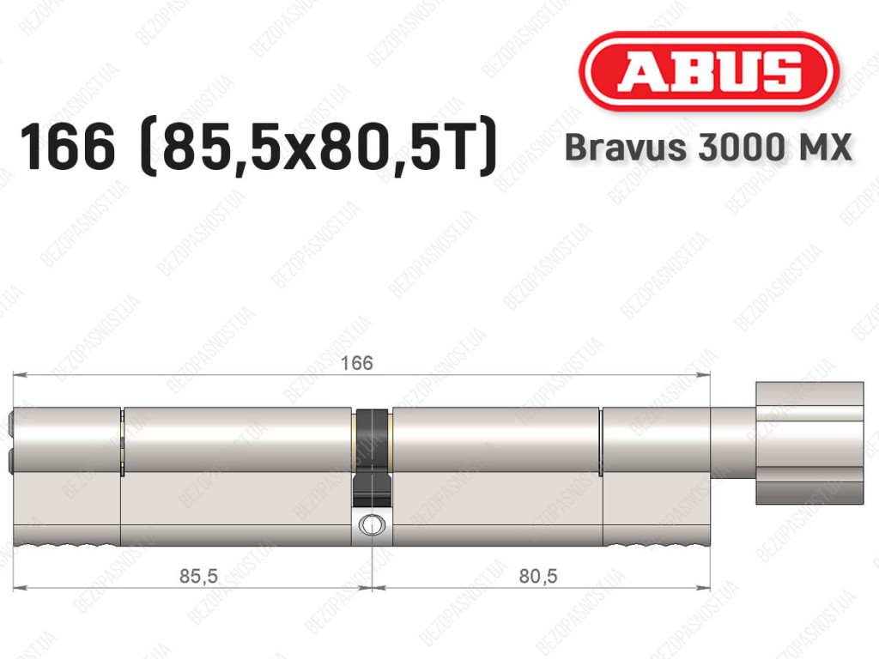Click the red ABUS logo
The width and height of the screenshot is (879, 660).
[x=708, y=71]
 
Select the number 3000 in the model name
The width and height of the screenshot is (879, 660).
[x=738, y=147]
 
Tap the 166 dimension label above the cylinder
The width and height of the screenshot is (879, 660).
[x=357, y=363]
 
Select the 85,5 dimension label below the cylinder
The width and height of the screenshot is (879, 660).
[x=198, y=575]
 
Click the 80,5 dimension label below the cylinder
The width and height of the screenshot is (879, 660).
[x=538, y=575]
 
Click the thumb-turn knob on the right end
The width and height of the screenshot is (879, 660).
[x=809, y=443]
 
